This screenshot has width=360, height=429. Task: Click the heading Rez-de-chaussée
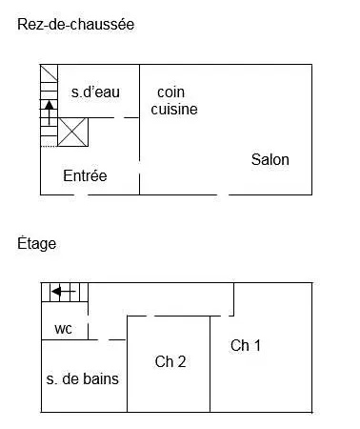coord(75,25)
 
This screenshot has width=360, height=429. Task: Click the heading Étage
coord(36,244)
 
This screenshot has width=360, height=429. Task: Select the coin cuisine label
coord(173,100)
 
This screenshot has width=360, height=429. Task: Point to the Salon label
coord(270,159)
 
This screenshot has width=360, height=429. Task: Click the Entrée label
coord(85,175)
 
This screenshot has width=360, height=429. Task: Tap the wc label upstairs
coord(63,329)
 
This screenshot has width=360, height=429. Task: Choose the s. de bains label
coord(83,378)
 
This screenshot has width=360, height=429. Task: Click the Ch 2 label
coord(170,361)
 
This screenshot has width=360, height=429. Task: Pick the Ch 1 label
coord(246,345)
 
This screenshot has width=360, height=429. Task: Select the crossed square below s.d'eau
coord(73,132)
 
